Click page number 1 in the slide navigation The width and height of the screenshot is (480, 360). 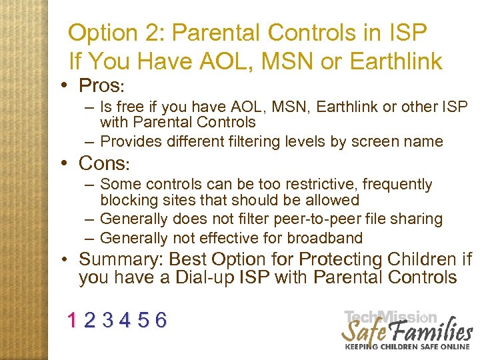coord(72,321)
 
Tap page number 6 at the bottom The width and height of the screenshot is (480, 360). coord(160,321)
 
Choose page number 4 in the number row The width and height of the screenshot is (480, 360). coord(125,321)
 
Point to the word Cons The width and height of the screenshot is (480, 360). coord(101,163)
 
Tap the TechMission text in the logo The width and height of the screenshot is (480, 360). coord(390,317)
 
